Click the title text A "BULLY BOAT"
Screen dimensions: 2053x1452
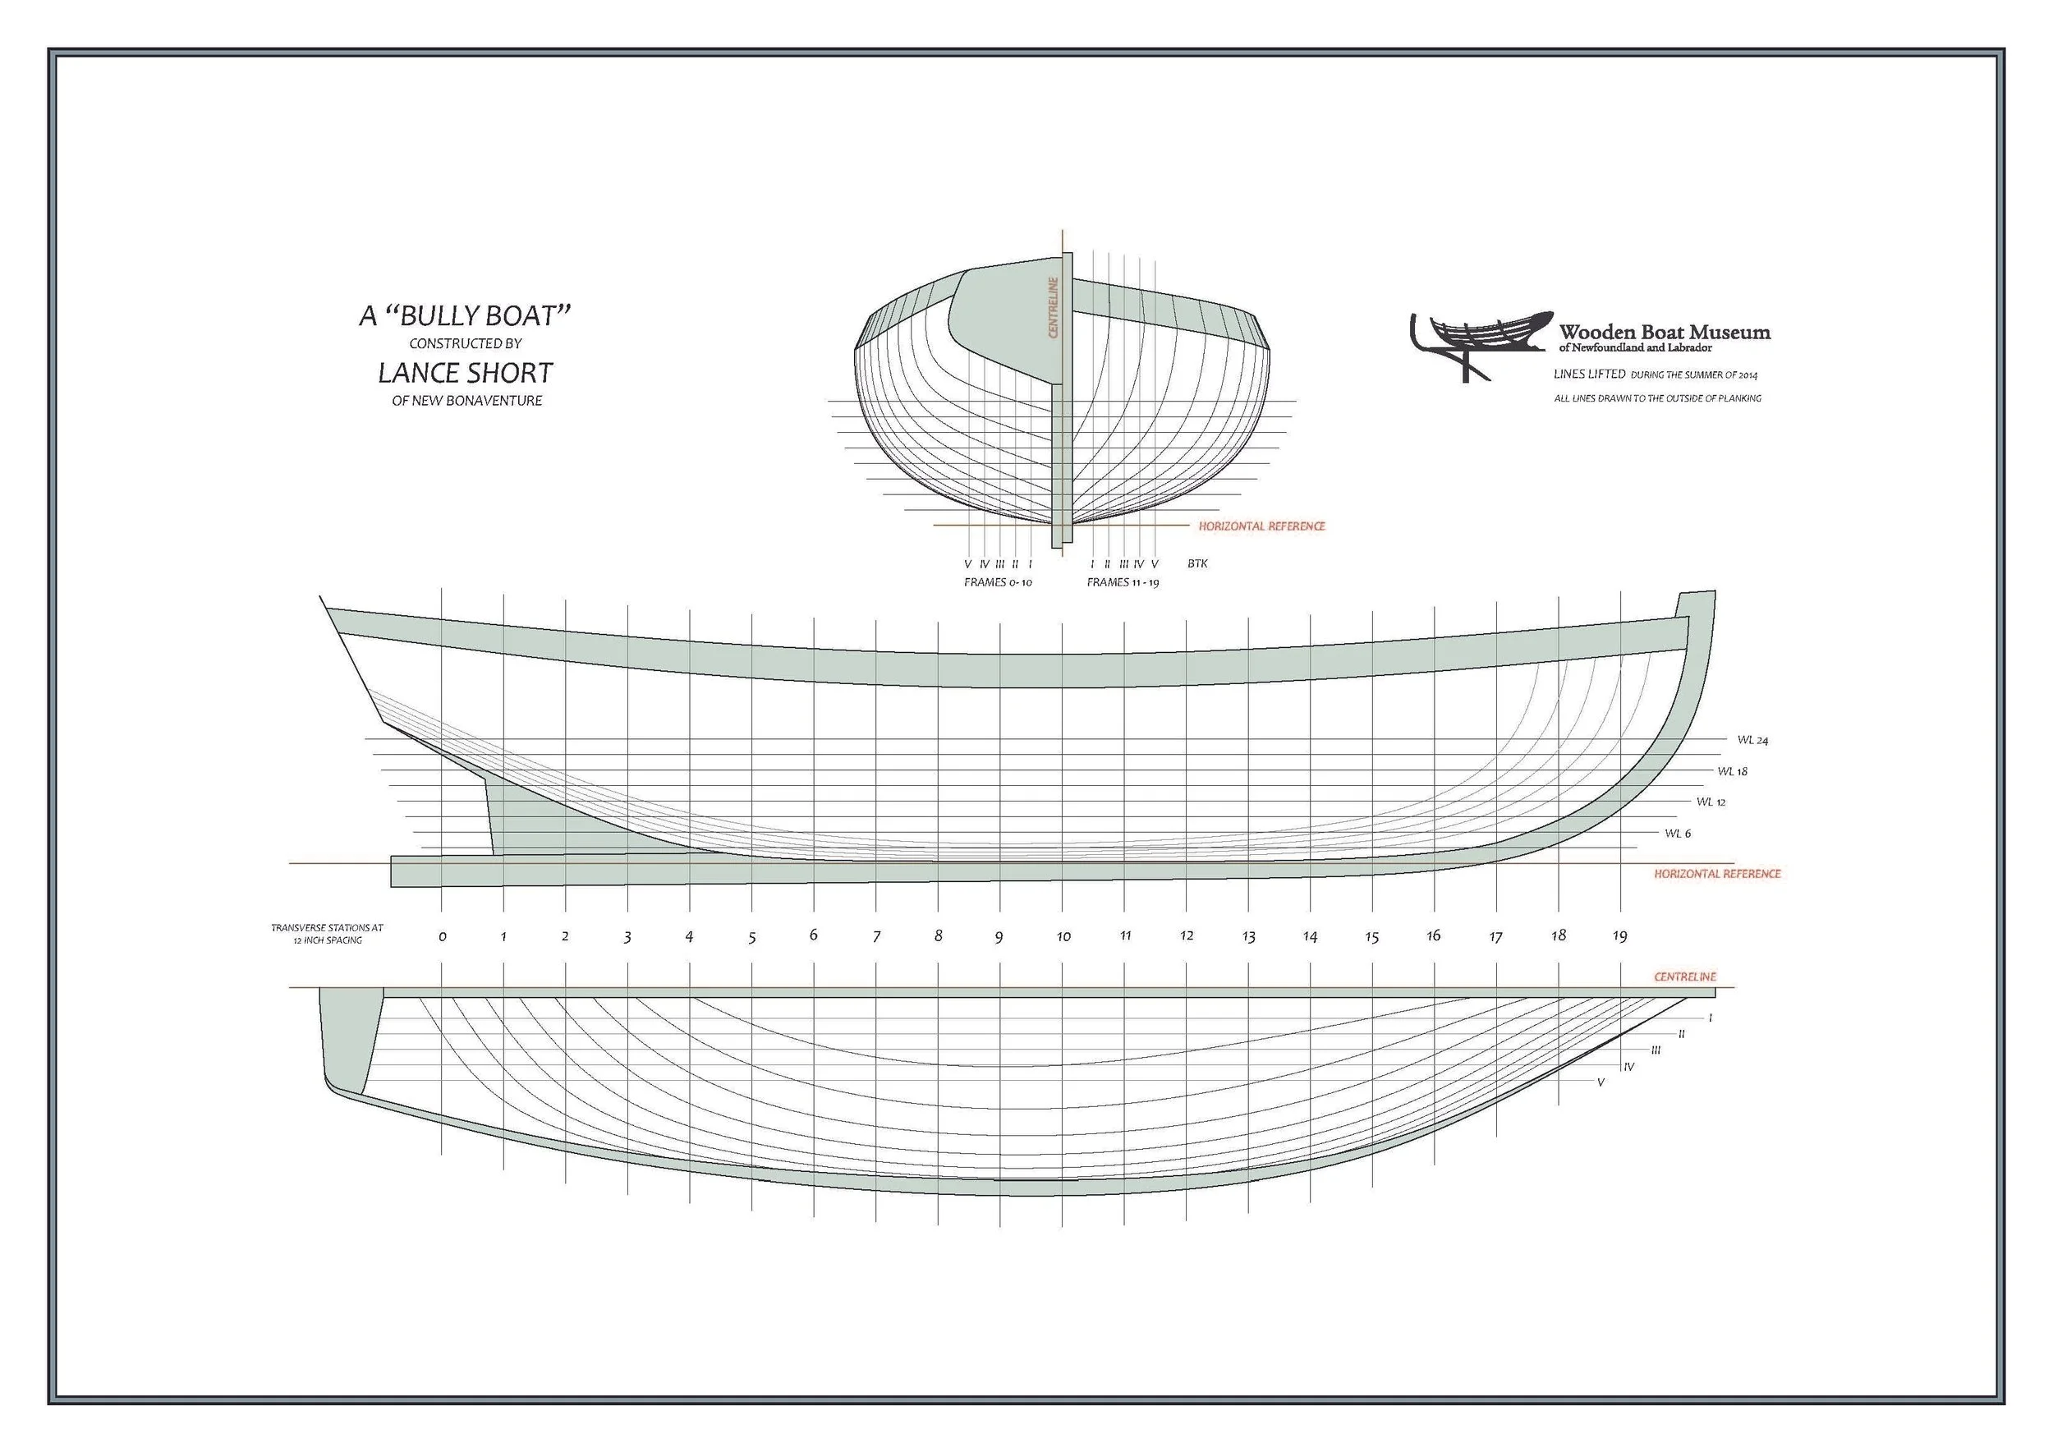coord(465,315)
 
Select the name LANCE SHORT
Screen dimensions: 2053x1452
coord(465,373)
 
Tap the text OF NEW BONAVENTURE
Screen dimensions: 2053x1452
coord(466,401)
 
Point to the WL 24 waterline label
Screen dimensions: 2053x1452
coord(1752,740)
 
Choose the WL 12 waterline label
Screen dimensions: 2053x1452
coord(1711,802)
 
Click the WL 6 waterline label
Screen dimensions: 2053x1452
coord(1678,834)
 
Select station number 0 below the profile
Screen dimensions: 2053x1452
coord(443,937)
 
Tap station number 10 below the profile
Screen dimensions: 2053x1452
coord(1063,937)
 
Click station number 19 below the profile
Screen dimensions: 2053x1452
coord(1619,936)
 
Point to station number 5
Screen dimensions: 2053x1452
coord(752,938)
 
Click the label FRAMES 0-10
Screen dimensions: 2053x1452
coord(998,582)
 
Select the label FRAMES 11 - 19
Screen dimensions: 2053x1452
coord(1123,582)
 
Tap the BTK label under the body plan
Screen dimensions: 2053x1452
coord(1197,564)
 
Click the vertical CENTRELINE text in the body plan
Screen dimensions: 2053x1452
coord(1054,308)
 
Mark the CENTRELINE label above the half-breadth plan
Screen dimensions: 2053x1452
coord(1684,977)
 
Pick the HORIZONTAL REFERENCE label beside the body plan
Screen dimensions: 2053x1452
coord(1261,526)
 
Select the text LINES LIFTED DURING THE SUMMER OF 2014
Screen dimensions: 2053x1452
coord(1655,374)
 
